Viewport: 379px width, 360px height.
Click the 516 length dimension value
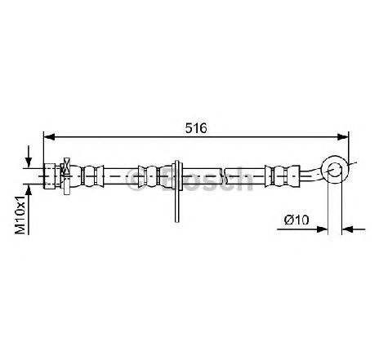(196, 128)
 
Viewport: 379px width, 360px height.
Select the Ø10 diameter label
(297, 220)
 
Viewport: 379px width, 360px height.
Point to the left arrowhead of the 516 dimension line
(49, 137)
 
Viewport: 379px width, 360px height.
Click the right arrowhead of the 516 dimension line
(343, 137)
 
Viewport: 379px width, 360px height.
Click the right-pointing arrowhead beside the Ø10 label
(322, 229)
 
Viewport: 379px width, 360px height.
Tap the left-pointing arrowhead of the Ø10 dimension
(347, 229)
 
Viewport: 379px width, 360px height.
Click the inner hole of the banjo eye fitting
(335, 169)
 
